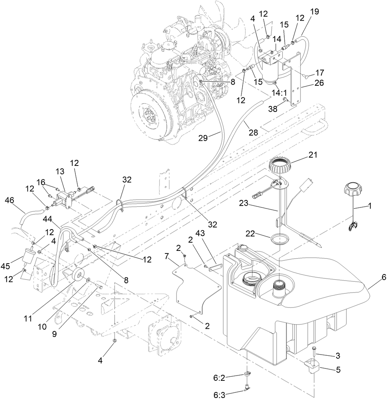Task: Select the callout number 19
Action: coord(314,12)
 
